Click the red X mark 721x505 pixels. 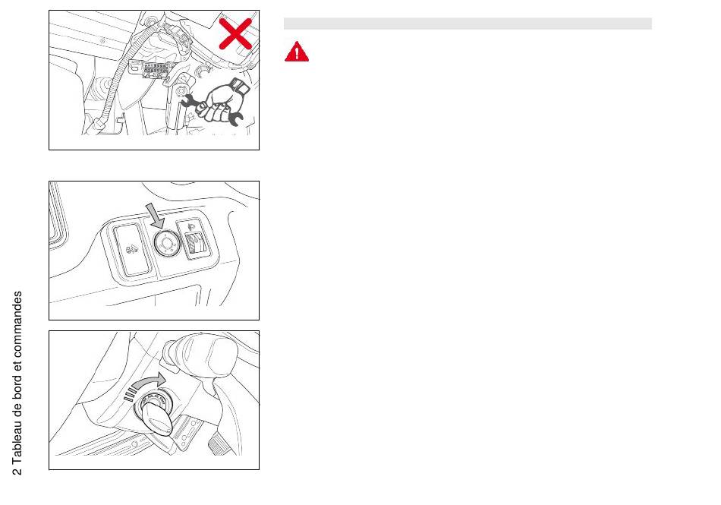[235, 33]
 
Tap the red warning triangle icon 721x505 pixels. [297, 52]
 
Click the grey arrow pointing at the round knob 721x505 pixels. [155, 215]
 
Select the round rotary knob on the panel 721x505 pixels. [166, 243]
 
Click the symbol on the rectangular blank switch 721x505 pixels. [132, 250]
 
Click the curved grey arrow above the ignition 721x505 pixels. [146, 384]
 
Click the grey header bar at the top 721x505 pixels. [468, 24]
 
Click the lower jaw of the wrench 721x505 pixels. [236, 119]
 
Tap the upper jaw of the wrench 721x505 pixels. [186, 99]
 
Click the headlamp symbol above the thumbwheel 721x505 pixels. [192, 226]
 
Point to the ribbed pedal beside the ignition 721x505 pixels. [218, 443]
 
